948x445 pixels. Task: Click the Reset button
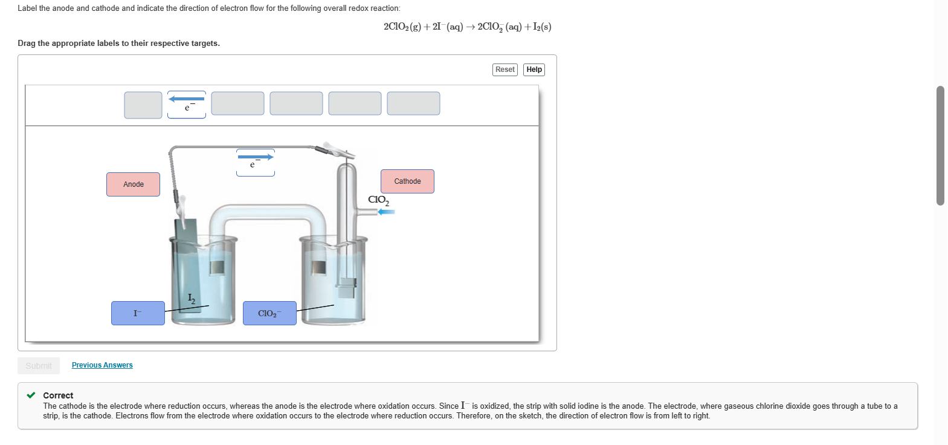point(505,70)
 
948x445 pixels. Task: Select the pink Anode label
point(133,184)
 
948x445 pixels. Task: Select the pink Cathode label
point(407,181)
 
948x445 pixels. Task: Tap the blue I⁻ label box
point(138,313)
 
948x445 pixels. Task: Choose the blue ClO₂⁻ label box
point(269,313)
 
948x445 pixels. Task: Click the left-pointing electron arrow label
point(187,104)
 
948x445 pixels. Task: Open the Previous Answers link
point(102,365)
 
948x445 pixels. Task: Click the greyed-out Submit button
point(39,366)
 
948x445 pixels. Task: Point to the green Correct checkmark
point(31,395)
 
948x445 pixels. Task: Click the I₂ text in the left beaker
point(192,298)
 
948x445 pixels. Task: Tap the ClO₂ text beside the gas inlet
point(378,200)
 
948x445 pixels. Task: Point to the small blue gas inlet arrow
point(386,212)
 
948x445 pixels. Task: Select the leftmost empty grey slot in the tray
point(143,105)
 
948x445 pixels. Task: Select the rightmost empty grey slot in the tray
point(413,103)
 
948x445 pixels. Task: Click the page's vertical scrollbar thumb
point(940,145)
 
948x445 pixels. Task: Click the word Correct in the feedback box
point(58,395)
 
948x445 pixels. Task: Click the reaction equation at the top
point(467,27)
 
